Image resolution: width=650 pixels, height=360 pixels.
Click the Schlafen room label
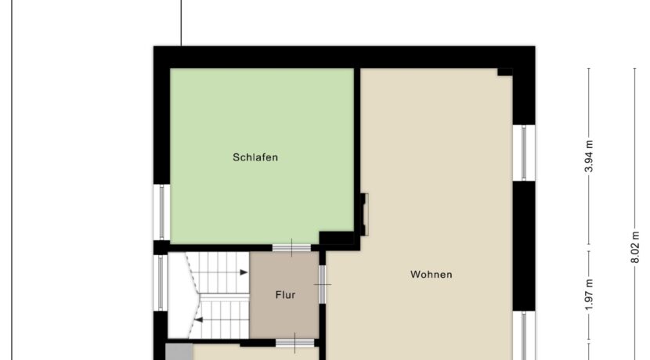[x=255, y=157]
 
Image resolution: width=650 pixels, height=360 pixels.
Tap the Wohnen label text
[x=432, y=274]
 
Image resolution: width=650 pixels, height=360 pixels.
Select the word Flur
[x=285, y=295]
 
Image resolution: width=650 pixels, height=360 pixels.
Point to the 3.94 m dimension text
[x=589, y=157]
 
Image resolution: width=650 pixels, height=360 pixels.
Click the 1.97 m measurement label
[x=589, y=294]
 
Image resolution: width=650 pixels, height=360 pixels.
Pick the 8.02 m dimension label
[x=634, y=247]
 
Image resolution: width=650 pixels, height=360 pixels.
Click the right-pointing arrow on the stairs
[x=244, y=272]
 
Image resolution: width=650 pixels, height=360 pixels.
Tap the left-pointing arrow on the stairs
[x=199, y=320]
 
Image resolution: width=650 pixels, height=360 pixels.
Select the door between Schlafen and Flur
[x=291, y=248]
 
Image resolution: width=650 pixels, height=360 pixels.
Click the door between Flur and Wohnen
[x=322, y=285]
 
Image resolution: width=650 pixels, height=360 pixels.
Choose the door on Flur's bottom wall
[x=294, y=343]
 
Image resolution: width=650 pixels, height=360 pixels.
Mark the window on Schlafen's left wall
[x=161, y=212]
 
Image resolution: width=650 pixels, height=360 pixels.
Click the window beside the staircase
[x=161, y=283]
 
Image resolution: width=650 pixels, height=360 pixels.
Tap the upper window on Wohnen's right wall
[x=524, y=153]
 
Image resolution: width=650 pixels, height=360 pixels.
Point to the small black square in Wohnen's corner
[x=505, y=72]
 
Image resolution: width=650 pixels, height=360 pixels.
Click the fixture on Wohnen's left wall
[x=364, y=214]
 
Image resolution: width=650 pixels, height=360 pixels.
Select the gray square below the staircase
[x=179, y=351]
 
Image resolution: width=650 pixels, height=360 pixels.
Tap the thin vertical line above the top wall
[x=181, y=23]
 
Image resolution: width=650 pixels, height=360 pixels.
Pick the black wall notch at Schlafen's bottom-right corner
[x=336, y=238]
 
